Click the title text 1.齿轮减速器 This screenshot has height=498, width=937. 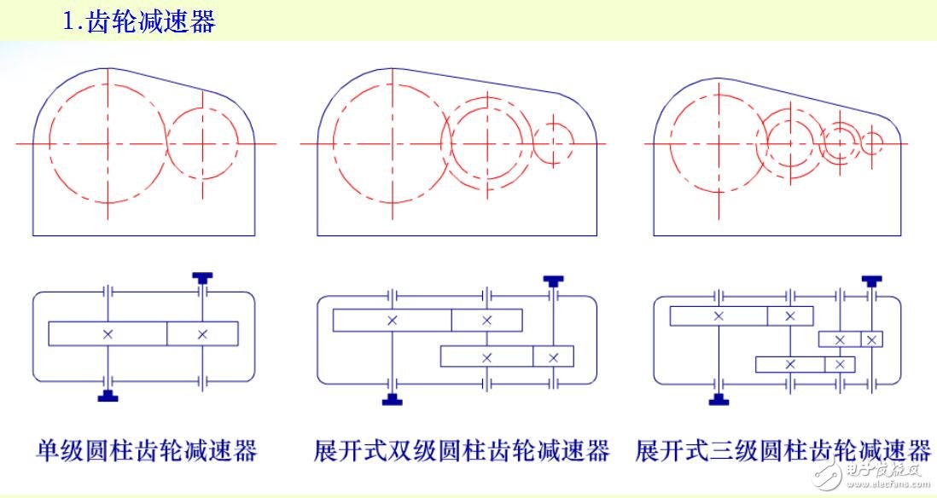139,21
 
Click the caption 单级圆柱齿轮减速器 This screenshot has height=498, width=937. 146,450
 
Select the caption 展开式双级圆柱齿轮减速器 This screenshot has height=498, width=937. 462,450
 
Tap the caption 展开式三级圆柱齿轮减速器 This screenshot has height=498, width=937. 782,450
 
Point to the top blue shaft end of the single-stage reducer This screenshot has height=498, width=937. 203,277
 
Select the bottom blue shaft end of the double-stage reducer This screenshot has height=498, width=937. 393,398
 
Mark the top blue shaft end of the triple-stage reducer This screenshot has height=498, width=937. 870,281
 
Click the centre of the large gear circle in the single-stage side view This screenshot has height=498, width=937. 108,144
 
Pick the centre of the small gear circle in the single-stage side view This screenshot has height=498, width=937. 202,144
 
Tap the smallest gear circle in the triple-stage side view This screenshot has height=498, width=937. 871,143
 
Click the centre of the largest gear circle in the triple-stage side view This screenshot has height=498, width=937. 719,143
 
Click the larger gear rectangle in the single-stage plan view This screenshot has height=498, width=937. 108,333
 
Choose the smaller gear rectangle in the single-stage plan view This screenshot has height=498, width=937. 202,333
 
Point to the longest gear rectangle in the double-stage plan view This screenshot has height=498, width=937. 392,320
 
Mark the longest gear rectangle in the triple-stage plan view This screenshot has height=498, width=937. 719,316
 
